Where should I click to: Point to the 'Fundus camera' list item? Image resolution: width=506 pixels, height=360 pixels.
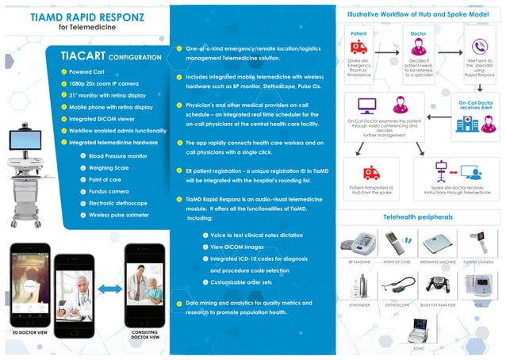click(x=109, y=191)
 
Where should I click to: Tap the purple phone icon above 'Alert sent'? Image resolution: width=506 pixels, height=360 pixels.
click(x=479, y=47)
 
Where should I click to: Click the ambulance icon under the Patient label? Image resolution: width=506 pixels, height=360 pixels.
click(x=358, y=47)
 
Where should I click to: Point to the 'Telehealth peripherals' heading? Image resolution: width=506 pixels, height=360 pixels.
click(x=418, y=216)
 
